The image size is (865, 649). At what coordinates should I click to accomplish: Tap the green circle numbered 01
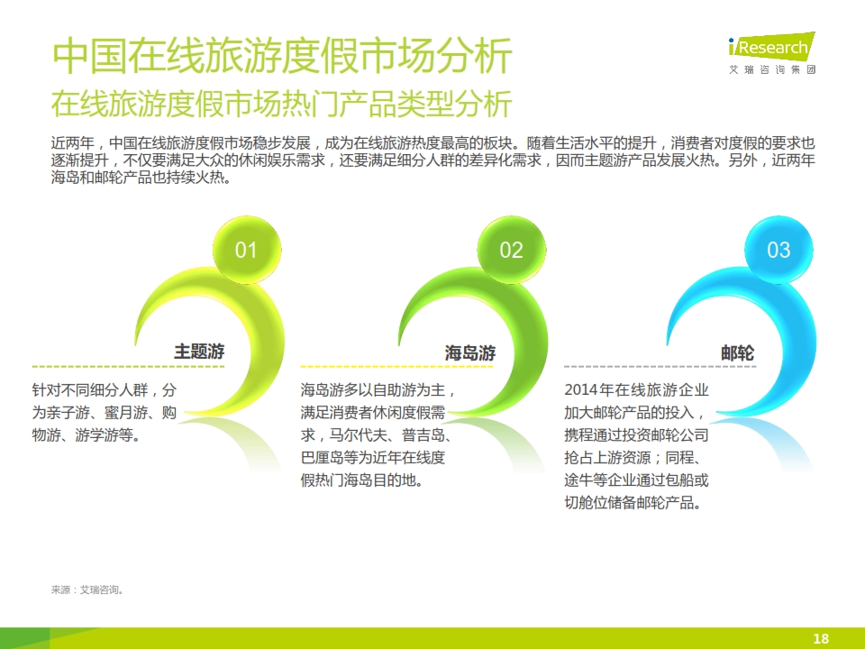(x=247, y=250)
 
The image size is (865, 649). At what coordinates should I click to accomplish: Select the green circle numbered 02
(x=512, y=250)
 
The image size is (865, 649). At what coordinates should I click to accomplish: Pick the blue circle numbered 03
(x=778, y=250)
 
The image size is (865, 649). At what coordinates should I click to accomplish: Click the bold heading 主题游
(x=199, y=352)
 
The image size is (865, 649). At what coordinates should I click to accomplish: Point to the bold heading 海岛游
(x=470, y=352)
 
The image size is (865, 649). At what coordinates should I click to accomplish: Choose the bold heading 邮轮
(x=738, y=352)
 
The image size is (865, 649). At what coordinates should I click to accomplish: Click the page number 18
(x=821, y=638)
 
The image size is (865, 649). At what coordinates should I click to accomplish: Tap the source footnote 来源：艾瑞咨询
(x=87, y=590)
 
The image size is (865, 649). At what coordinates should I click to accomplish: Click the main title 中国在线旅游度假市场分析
(x=282, y=56)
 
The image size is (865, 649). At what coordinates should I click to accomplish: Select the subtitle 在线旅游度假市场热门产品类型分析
(x=282, y=104)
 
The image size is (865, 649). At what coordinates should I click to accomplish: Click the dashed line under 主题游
(x=129, y=367)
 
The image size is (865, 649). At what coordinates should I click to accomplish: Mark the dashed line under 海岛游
(x=396, y=367)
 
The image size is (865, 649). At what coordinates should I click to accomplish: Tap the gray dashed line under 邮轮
(x=660, y=367)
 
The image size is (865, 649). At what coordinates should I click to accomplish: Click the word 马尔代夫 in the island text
(x=358, y=435)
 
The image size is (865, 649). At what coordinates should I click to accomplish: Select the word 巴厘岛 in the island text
(x=323, y=458)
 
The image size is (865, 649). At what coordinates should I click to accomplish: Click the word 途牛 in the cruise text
(x=578, y=480)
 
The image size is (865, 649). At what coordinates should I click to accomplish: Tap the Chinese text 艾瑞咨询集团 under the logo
(x=772, y=69)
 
